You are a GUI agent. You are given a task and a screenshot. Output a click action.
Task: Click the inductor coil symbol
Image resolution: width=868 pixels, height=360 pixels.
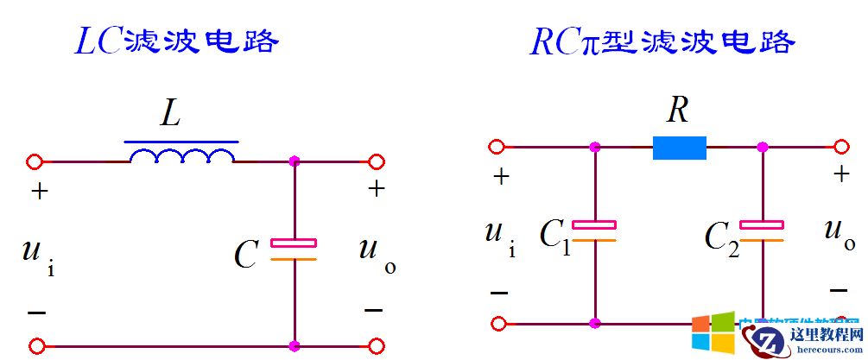[x=181, y=155]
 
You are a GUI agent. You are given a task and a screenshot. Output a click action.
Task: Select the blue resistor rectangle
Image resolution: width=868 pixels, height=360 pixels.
[x=679, y=148]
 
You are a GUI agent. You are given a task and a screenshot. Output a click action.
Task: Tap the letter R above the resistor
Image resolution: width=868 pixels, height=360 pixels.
[x=677, y=110]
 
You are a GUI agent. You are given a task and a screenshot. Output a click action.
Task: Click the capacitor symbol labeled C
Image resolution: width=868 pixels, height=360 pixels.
[x=294, y=249]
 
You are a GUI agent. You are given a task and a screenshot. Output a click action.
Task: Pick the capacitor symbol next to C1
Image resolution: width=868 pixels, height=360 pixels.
[x=594, y=231]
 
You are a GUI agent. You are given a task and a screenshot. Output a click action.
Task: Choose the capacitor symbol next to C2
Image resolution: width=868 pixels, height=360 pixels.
[x=762, y=231]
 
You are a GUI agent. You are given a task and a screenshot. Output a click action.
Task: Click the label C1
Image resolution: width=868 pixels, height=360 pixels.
[x=555, y=236]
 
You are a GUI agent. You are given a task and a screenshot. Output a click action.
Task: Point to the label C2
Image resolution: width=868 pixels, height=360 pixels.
[x=722, y=236]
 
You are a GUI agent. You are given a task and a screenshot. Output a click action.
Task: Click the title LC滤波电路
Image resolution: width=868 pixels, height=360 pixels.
[x=177, y=41]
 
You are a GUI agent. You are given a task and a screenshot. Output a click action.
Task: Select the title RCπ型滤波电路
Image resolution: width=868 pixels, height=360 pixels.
[x=661, y=41]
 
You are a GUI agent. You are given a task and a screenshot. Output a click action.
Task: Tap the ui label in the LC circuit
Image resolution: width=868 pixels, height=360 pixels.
[x=40, y=254]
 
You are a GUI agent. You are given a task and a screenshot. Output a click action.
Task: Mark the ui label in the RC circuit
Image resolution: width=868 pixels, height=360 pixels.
[x=500, y=236]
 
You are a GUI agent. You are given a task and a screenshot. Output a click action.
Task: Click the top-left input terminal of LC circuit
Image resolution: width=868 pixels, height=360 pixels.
[x=35, y=161]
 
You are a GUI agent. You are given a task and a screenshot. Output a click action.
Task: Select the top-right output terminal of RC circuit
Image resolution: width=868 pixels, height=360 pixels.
[x=842, y=148]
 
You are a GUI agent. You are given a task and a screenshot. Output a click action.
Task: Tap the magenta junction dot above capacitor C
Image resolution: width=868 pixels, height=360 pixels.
[x=295, y=161]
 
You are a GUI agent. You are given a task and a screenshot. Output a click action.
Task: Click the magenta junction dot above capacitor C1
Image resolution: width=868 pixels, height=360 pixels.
[x=594, y=148]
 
